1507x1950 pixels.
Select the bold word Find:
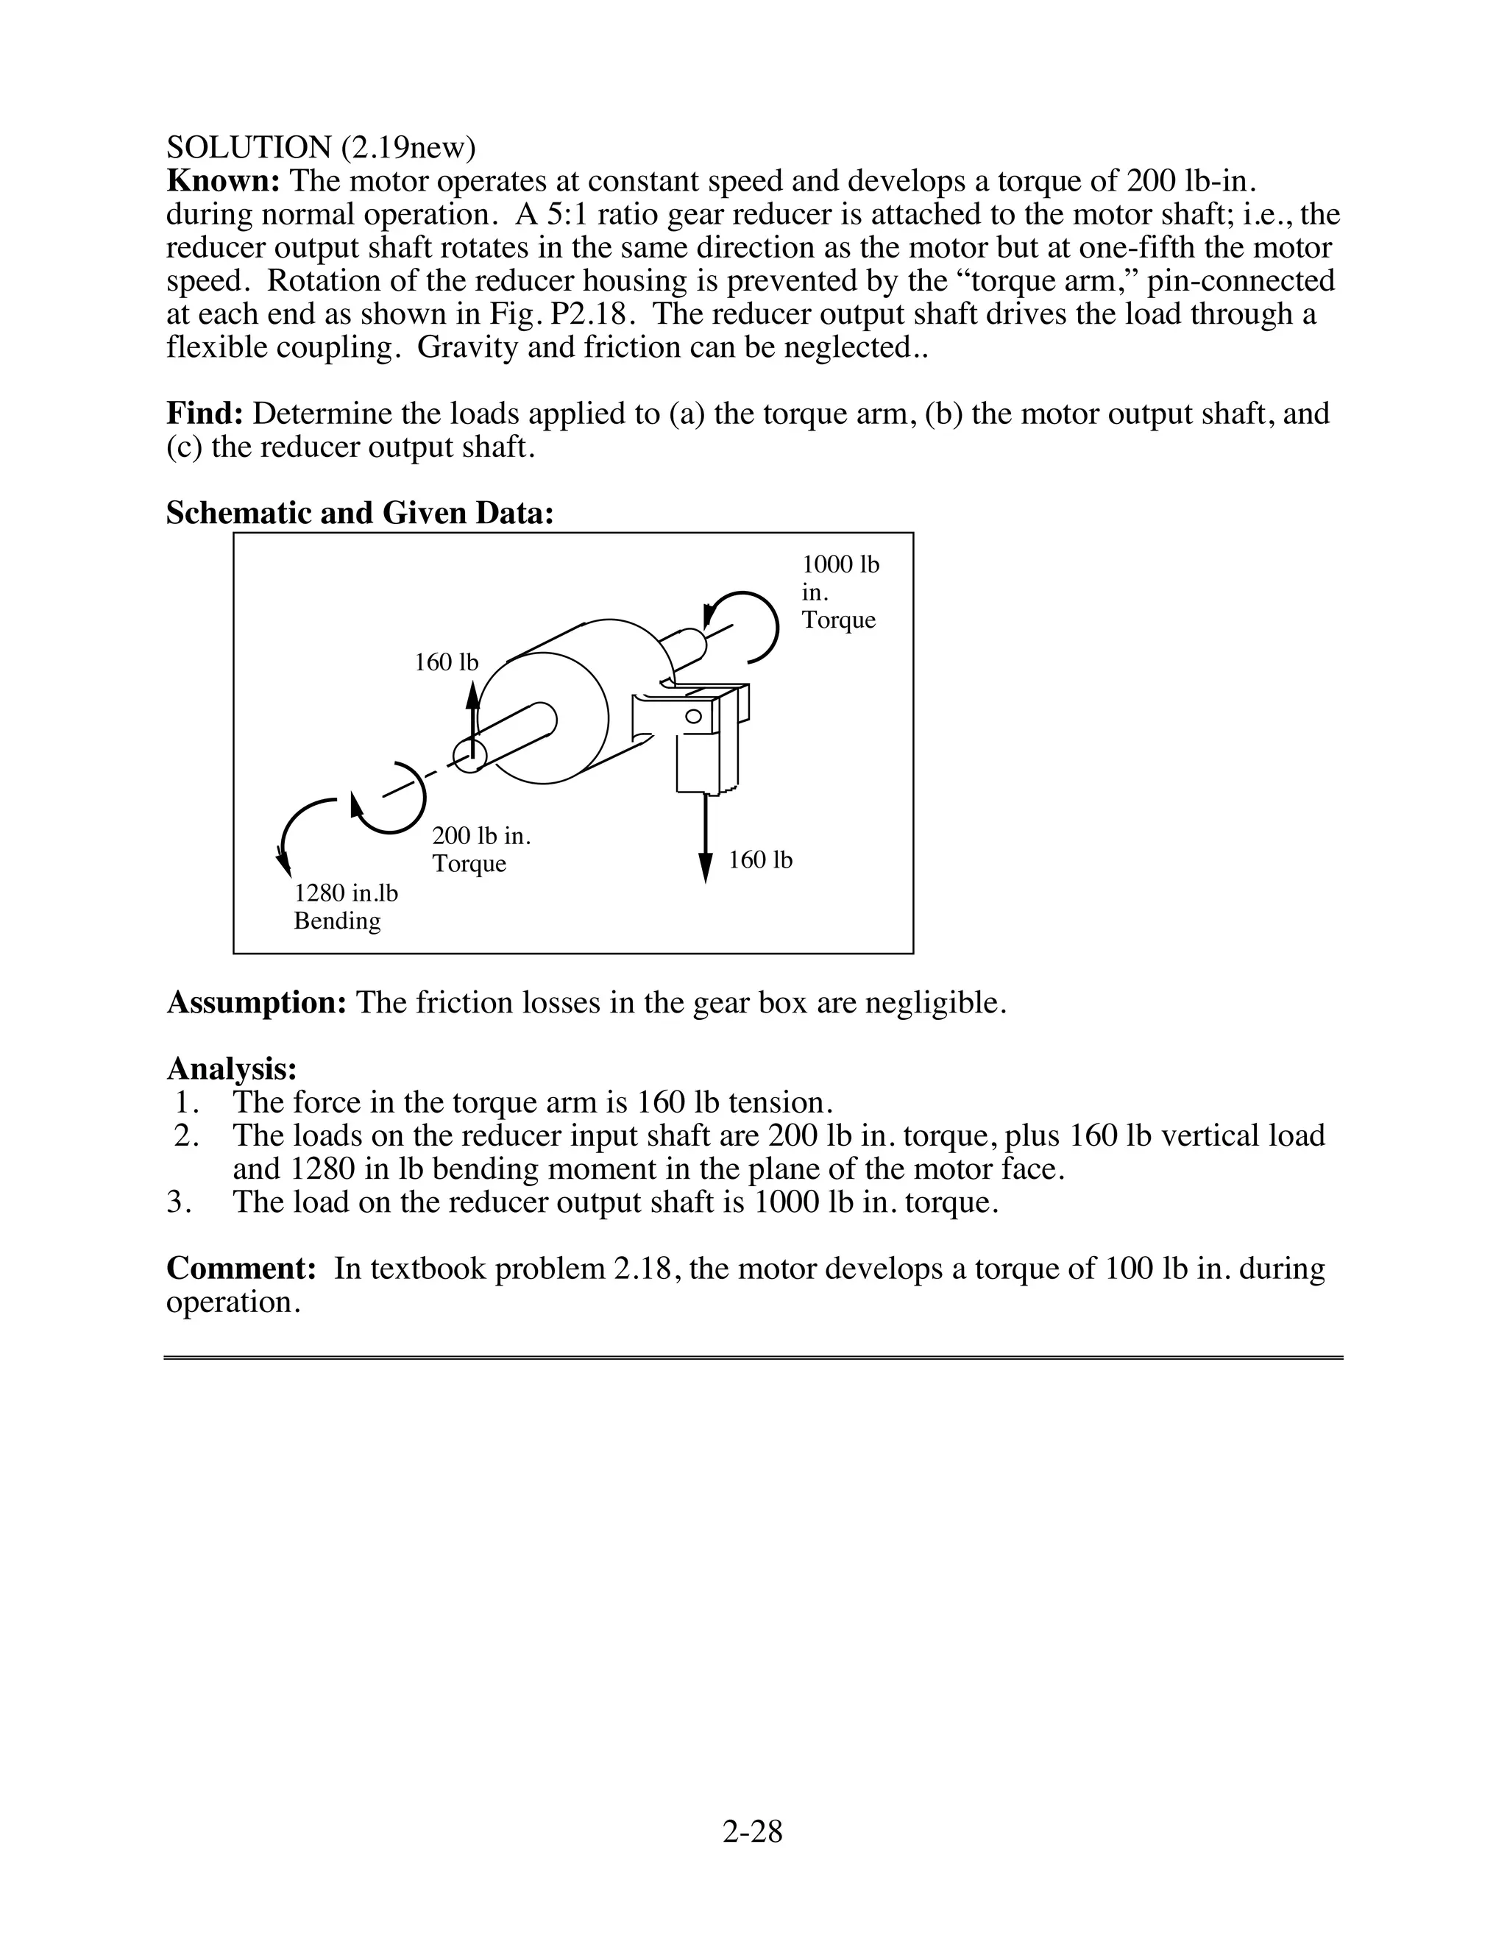pyautogui.click(x=205, y=414)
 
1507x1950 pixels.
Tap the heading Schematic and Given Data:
pyautogui.click(x=360, y=514)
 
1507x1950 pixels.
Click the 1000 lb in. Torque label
pyautogui.click(x=839, y=592)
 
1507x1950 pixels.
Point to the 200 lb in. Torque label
pyautogui.click(x=481, y=849)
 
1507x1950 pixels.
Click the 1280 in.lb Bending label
pyautogui.click(x=346, y=907)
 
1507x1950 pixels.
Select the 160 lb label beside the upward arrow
pyautogui.click(x=447, y=662)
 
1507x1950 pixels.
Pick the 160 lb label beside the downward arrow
pyautogui.click(x=759, y=859)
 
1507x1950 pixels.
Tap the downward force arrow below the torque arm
pyautogui.click(x=705, y=840)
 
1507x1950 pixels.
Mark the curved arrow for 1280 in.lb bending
pyautogui.click(x=299, y=826)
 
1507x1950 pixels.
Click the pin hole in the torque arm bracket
pyautogui.click(x=692, y=716)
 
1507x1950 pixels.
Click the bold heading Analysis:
pyautogui.click(x=231, y=1068)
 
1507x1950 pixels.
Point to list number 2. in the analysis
pyautogui.click(x=187, y=1135)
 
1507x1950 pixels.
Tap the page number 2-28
pyautogui.click(x=753, y=1832)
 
